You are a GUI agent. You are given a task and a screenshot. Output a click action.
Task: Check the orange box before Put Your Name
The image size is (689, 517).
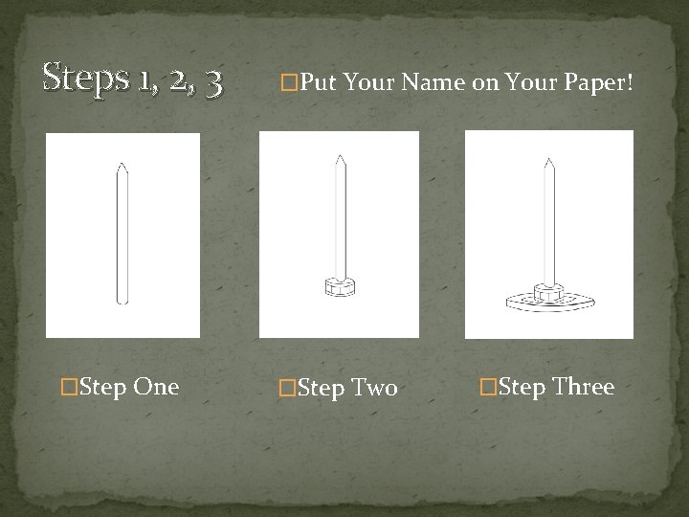[289, 82]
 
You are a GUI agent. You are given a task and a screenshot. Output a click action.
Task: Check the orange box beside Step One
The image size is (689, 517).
[69, 387]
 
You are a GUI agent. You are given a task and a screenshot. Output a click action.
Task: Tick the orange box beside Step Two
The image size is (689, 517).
[287, 388]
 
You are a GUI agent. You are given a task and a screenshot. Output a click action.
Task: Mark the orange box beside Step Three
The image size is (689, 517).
[488, 387]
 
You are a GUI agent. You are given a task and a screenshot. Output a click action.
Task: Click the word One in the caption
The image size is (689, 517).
[156, 387]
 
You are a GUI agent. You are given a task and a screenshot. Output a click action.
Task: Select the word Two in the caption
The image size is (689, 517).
[375, 388]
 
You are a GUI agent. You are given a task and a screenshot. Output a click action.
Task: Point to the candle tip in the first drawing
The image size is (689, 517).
[122, 164]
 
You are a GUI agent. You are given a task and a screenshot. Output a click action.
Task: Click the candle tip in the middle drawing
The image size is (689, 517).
[340, 156]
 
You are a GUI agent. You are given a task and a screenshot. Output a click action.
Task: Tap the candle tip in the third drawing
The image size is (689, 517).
[549, 159]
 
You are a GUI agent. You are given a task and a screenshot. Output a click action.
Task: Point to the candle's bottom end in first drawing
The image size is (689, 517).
[122, 303]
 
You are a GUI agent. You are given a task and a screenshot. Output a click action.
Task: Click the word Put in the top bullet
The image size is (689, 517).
[319, 81]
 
